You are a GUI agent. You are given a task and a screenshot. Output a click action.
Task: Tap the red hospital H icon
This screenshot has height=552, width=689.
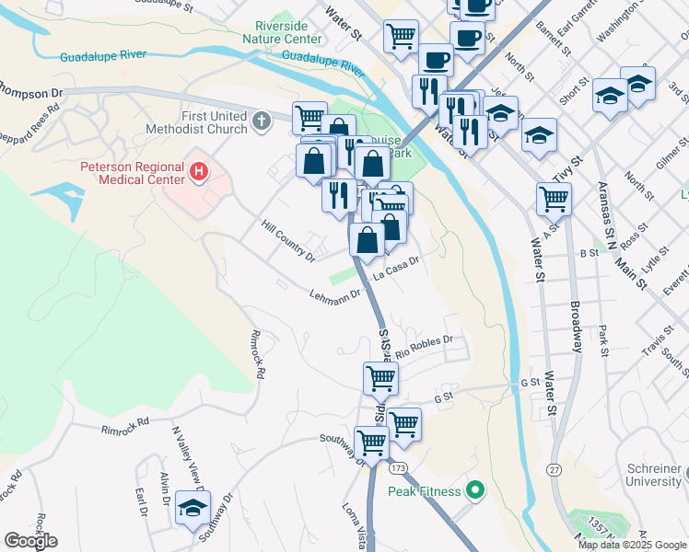point(198,170)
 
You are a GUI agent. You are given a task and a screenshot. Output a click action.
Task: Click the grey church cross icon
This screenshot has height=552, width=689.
point(262,121)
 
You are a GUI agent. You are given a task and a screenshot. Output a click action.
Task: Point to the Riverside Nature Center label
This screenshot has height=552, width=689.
point(282,33)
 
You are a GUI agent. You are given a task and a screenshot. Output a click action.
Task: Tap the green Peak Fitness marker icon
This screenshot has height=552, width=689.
point(474,490)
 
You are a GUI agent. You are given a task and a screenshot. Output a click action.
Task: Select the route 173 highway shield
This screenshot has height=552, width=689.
point(397,469)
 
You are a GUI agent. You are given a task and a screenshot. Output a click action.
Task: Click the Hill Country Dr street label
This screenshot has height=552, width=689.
point(287,240)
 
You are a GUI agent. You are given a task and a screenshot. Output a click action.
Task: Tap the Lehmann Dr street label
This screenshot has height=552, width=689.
point(335,296)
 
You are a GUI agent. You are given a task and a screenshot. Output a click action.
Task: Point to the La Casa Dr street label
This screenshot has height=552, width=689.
point(396,268)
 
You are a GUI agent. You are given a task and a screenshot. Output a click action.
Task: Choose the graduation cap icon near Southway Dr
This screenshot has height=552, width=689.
point(193,509)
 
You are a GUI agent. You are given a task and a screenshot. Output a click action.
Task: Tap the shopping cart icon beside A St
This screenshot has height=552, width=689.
point(554,197)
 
